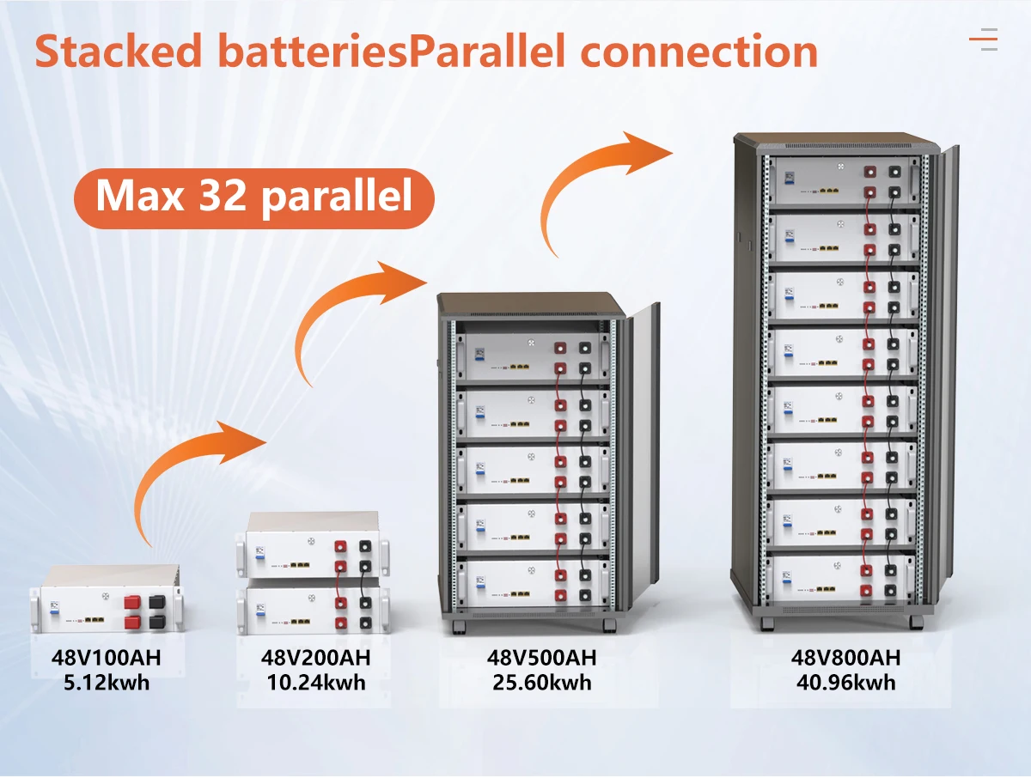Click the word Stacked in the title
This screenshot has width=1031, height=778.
[x=119, y=52]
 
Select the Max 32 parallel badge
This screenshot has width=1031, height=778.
[x=253, y=197]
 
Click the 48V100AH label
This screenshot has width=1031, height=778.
[x=106, y=659]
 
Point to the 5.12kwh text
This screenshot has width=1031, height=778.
[x=106, y=683]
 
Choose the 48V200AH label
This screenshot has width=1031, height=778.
[x=315, y=659]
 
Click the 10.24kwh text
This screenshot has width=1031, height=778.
[x=315, y=683]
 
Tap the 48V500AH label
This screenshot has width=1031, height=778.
[x=541, y=659]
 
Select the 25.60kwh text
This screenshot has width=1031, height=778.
[x=541, y=683]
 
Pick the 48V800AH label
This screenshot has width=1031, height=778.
[x=845, y=659]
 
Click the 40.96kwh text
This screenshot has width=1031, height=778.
[x=845, y=683]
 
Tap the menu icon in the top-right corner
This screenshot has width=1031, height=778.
[x=983, y=40]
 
